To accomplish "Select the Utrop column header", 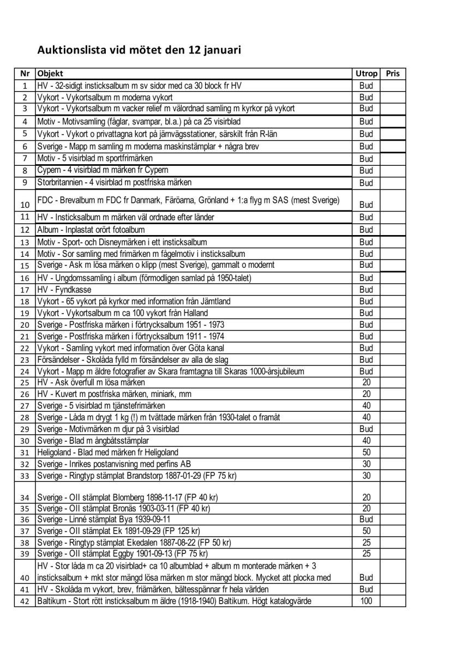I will pyautogui.click(x=366, y=74).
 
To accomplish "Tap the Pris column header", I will pyautogui.click(x=393, y=74).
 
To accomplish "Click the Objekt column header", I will pyautogui.click(x=50, y=74).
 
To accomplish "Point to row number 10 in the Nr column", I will pyautogui.click(x=25, y=205).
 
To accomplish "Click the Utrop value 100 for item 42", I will pyautogui.click(x=366, y=601).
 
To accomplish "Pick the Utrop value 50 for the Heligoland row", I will pyautogui.click(x=366, y=452).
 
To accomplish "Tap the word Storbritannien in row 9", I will pyautogui.click(x=61, y=182).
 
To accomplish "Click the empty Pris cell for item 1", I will pyautogui.click(x=393, y=86).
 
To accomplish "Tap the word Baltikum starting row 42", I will pyautogui.click(x=51, y=601).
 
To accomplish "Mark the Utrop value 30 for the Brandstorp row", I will pyautogui.click(x=366, y=476).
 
